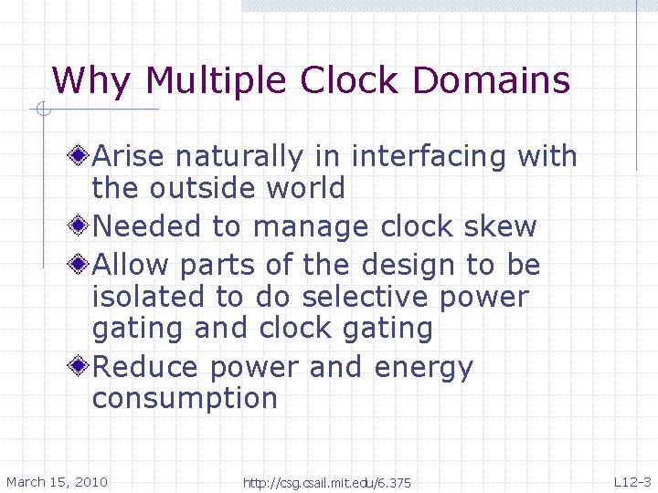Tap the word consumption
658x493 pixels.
tap(185, 399)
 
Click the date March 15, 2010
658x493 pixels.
tap(57, 482)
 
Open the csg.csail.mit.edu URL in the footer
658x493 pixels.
tap(326, 483)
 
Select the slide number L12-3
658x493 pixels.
tap(631, 482)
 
